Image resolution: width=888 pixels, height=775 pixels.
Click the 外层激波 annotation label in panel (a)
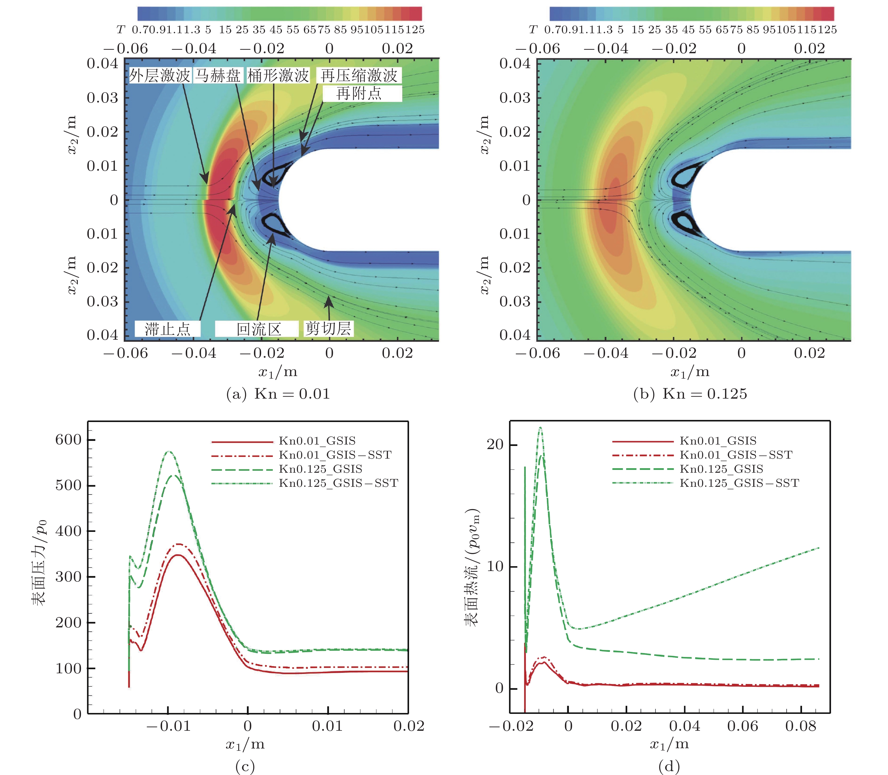[160, 76]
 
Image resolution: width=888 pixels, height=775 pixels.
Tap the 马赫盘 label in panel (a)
[218, 76]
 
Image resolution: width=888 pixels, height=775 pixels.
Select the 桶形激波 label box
[278, 76]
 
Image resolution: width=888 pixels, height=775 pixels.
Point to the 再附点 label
[359, 94]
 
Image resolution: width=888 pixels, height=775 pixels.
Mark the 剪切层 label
[328, 329]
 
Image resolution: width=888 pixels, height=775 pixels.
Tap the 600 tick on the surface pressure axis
[69, 440]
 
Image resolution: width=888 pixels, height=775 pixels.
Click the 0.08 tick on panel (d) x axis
[801, 726]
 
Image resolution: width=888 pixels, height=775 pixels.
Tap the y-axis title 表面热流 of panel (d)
[472, 567]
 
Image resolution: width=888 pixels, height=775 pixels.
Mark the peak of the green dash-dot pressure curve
[170, 452]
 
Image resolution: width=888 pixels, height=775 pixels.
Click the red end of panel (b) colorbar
[827, 14]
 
